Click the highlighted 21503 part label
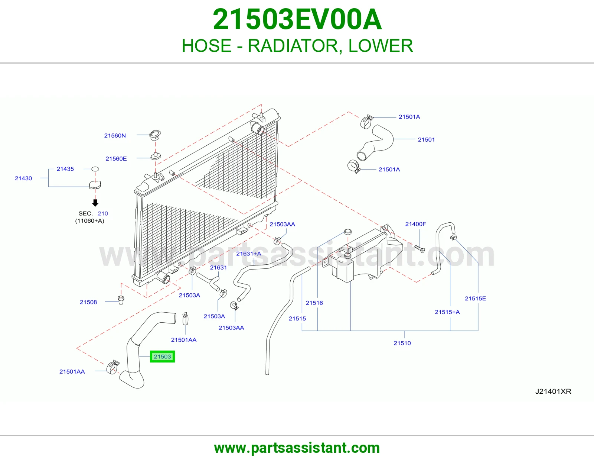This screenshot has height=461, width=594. pos(162,357)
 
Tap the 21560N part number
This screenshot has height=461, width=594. pos(115,135)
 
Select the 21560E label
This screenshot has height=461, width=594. pos(116,158)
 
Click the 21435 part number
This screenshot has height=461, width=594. pos(65,169)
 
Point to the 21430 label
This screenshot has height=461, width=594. pos(23,178)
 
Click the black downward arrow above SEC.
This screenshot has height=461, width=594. pos(95,203)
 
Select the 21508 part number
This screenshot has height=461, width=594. pos(88,302)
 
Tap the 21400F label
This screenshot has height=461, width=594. pos(415,224)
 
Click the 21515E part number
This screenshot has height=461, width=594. pos(475,299)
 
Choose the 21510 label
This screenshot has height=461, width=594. pos(402,343)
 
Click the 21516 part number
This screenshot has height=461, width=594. pos(314,303)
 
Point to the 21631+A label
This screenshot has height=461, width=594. pos(248,254)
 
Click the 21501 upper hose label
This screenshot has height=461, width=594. pos(426,140)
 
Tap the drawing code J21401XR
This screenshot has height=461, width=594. pos(553,391)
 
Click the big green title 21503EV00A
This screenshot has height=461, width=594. pos(297,19)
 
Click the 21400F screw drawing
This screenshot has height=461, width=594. pos(420,249)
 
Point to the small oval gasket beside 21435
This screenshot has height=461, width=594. pos(95,169)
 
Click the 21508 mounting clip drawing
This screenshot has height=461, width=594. pos(121,300)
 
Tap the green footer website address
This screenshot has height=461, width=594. pos(297,448)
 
